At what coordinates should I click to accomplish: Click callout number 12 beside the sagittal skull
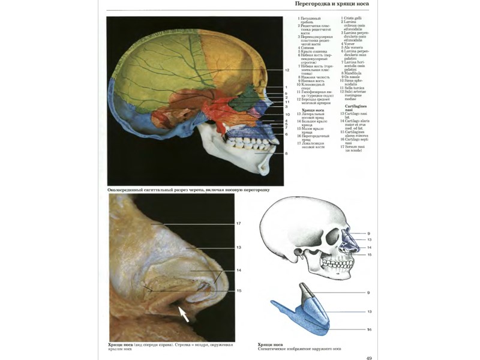coord(287,71)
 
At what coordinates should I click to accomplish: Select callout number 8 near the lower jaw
coord(287,154)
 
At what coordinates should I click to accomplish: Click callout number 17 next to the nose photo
coord(238,224)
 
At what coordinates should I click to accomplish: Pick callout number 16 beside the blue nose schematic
coord(370,329)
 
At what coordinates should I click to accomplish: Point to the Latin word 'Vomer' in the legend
coord(350,44)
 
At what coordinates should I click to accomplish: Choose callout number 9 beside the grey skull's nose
coord(369,233)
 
